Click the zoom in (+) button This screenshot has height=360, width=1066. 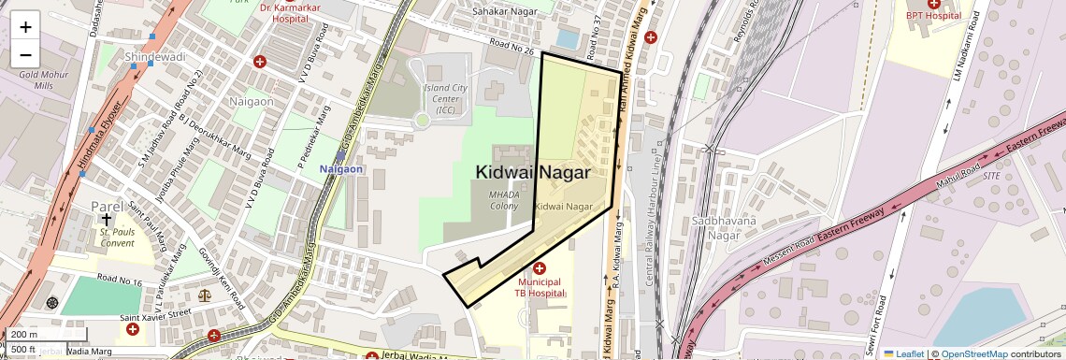[25, 26]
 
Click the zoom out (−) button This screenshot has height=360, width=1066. [25, 55]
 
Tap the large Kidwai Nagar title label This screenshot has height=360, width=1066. [533, 172]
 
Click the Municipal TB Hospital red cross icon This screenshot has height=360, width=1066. [539, 268]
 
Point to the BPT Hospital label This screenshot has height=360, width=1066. [932, 15]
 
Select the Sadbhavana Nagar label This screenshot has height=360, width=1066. [712, 227]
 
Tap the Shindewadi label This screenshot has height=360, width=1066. [155, 58]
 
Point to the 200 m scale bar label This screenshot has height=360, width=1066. [25, 335]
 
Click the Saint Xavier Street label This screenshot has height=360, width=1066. [155, 314]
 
